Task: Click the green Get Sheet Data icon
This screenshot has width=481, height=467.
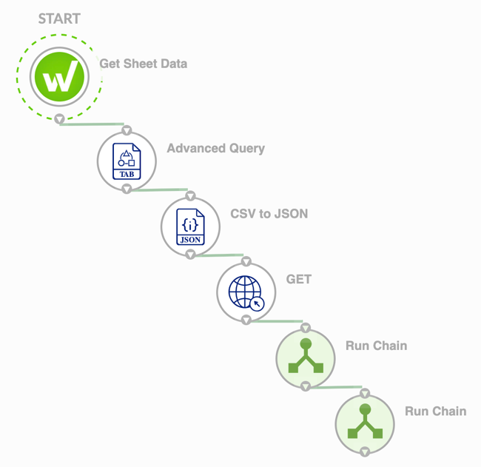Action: (x=60, y=77)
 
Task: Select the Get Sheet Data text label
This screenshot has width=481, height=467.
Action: (x=144, y=64)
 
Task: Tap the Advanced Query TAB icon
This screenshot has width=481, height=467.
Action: (x=127, y=161)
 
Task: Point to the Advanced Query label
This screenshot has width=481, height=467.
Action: (x=215, y=148)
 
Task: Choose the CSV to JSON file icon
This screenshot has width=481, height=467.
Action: (x=190, y=226)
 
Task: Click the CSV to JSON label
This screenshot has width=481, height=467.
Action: (x=269, y=214)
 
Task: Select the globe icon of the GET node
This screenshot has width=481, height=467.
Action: (x=246, y=291)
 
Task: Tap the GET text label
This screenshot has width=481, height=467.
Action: (x=299, y=279)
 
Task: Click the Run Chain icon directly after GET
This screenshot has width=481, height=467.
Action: (x=306, y=358)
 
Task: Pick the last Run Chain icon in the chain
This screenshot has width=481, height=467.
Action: (x=365, y=423)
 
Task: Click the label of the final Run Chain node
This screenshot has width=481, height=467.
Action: (x=435, y=411)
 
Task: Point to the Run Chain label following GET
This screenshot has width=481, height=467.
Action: (x=376, y=346)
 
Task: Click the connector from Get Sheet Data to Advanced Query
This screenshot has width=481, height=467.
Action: (x=92, y=124)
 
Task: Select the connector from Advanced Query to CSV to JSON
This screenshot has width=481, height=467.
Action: (x=158, y=189)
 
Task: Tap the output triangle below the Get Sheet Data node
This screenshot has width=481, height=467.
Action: (x=60, y=119)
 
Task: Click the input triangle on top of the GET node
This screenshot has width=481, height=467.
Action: (x=246, y=261)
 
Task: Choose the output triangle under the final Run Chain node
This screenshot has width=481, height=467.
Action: (x=365, y=451)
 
